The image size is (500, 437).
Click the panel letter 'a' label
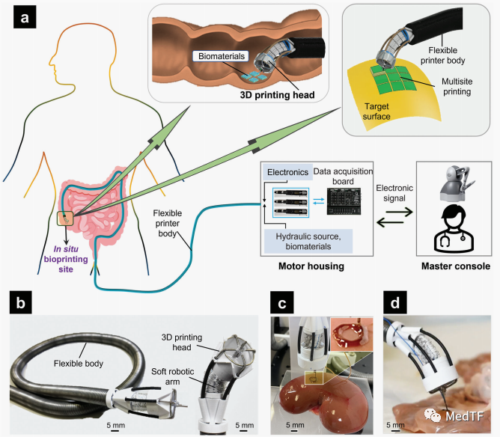click(25, 17)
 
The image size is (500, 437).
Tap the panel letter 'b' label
click(20, 302)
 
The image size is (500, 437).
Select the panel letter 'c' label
click(282, 302)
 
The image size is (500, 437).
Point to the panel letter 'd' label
click(394, 302)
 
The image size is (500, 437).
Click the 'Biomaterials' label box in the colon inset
click(221, 56)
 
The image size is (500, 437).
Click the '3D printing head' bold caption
click(277, 95)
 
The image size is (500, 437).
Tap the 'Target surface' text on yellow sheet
click(376, 111)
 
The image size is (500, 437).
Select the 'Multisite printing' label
click(457, 86)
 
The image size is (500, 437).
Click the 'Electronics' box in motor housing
click(287, 172)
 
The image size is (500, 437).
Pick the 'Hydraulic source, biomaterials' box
click(308, 241)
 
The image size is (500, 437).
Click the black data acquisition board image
click(344, 201)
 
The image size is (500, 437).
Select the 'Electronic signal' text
click(394, 193)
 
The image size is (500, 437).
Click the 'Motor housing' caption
click(311, 266)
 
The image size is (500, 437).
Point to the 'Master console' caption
click(456, 266)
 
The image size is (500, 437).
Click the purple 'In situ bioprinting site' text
click(66, 259)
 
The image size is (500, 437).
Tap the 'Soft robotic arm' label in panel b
click(172, 376)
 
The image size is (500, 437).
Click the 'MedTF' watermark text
click(464, 416)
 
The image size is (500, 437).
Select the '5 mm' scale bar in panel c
click(295, 427)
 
